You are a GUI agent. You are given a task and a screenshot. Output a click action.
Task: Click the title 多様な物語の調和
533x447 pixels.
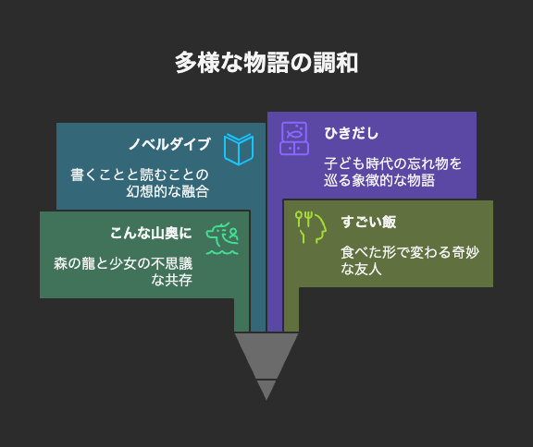(266, 63)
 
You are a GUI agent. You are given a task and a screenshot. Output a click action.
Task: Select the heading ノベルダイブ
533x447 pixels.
(169, 144)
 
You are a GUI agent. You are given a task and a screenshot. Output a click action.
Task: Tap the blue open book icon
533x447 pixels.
(239, 150)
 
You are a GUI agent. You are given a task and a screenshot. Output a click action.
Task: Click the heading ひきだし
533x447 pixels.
(351, 133)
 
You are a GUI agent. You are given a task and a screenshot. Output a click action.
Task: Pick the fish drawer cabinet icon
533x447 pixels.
(294, 139)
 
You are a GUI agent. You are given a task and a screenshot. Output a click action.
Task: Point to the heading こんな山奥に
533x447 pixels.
(151, 233)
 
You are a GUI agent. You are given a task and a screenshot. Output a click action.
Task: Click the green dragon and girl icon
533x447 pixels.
(222, 238)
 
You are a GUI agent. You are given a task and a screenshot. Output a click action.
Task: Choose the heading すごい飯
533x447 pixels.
(368, 222)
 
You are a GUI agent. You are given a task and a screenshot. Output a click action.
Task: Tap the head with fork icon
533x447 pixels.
(311, 227)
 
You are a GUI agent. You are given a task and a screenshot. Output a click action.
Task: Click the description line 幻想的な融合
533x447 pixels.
(167, 191)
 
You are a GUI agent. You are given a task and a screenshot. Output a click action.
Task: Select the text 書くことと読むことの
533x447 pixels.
(140, 175)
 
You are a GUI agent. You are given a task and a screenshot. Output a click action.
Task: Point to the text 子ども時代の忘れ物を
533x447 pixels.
(392, 163)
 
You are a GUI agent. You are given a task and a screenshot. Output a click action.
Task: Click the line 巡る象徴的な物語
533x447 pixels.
(379, 180)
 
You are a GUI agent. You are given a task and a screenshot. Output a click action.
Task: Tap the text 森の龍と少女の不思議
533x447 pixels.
(123, 263)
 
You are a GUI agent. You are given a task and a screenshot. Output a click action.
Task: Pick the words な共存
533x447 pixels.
(172, 280)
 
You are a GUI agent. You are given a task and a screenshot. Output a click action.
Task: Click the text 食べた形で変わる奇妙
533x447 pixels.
(410, 252)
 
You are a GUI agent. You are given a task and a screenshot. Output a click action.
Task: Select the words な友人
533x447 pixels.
(361, 269)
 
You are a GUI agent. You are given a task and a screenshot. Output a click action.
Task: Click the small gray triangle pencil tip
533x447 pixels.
(266, 389)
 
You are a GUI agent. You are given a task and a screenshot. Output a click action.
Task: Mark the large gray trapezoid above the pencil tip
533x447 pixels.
(266, 355)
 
